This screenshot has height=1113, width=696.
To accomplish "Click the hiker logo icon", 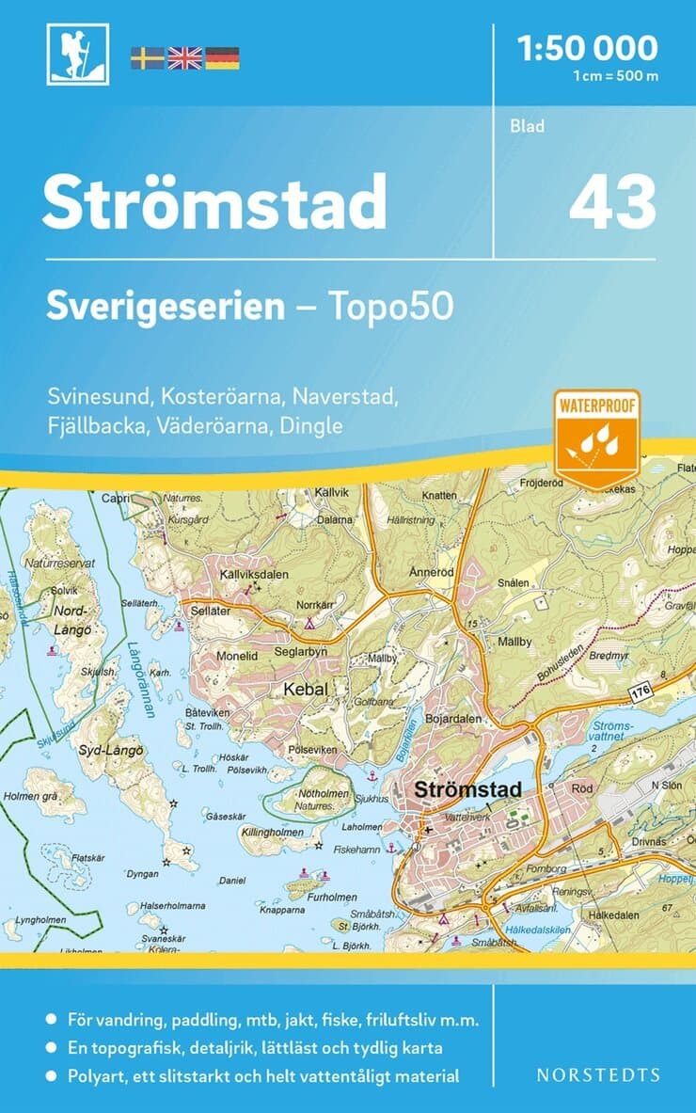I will pos(78,54).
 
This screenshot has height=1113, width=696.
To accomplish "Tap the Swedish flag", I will pos(147,58).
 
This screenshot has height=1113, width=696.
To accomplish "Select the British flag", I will pos(184,58).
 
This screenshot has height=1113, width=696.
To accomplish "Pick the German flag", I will pos(222,58).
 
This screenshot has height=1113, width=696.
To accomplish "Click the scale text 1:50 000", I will pos(588,46).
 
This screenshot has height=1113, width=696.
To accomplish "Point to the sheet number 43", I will pos(611,202).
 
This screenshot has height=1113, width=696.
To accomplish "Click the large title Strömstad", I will pos(214,201).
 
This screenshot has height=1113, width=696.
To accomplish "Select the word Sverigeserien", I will pos(166,306).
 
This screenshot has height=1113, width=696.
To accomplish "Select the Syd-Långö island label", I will pos(111,750).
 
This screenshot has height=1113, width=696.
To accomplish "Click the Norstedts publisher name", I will pos(598,1074).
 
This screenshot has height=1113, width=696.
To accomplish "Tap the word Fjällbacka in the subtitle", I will pos(91,425).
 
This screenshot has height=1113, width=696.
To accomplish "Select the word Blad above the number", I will pos(528,126).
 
